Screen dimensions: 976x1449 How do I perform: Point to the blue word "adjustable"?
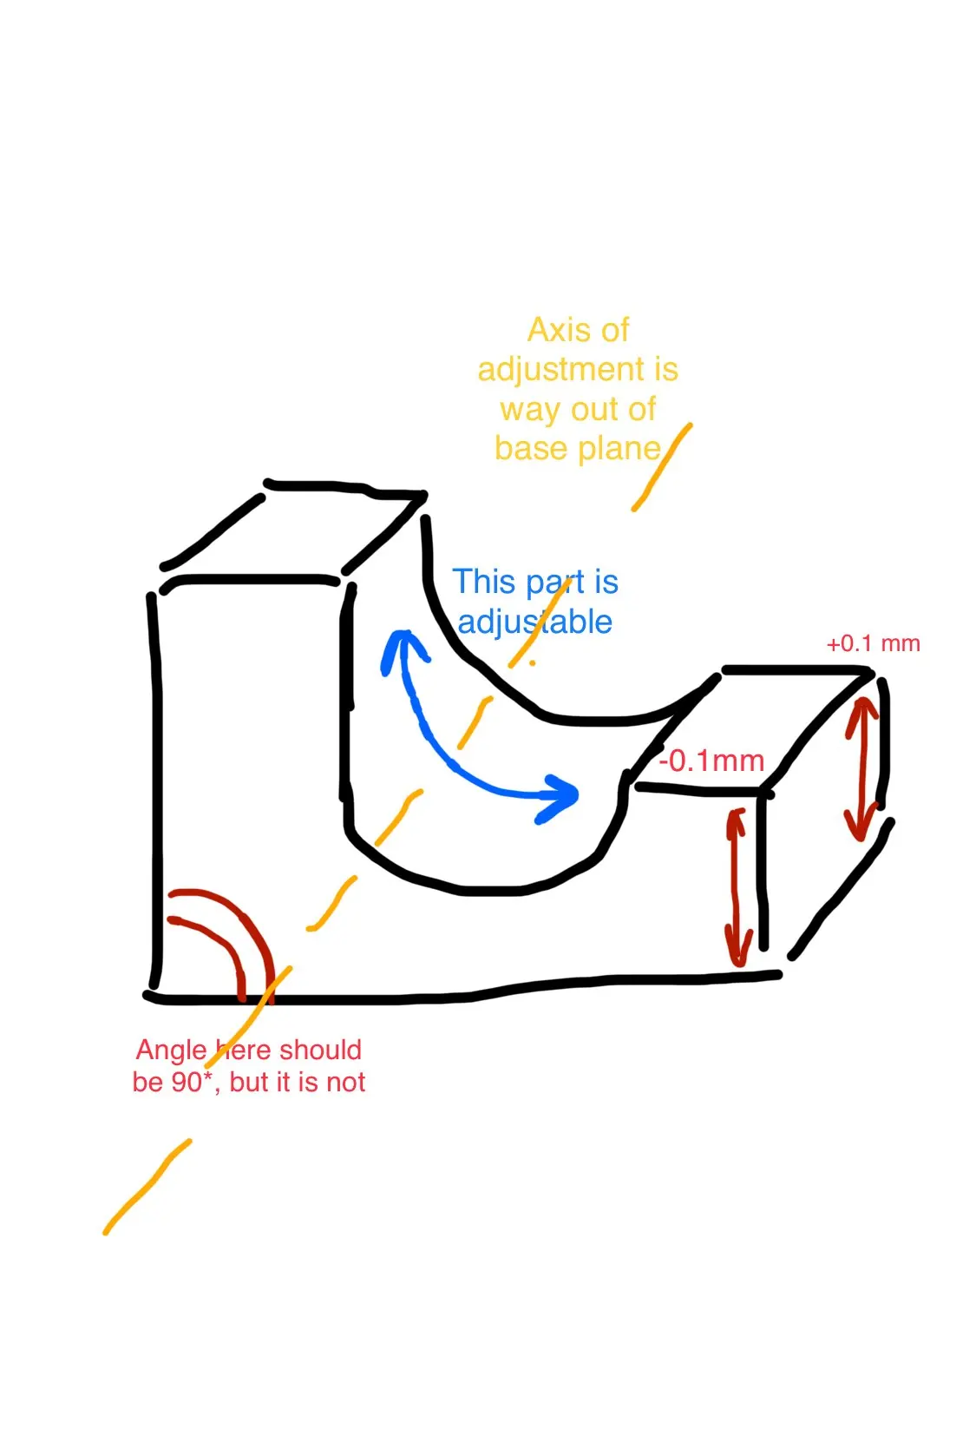[x=534, y=622]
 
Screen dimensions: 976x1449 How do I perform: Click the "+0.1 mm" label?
[x=873, y=644]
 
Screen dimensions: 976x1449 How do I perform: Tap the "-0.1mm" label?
[x=711, y=761]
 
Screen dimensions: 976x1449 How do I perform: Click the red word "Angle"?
[x=171, y=1051]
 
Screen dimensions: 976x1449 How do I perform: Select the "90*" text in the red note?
[x=183, y=1083]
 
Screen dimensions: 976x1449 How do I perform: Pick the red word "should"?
[x=320, y=1051]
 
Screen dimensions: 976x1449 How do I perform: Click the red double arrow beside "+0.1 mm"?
[x=861, y=768]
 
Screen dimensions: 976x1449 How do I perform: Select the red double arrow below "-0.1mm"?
[x=737, y=887]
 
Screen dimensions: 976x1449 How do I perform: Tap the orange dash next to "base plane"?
[x=661, y=467]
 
